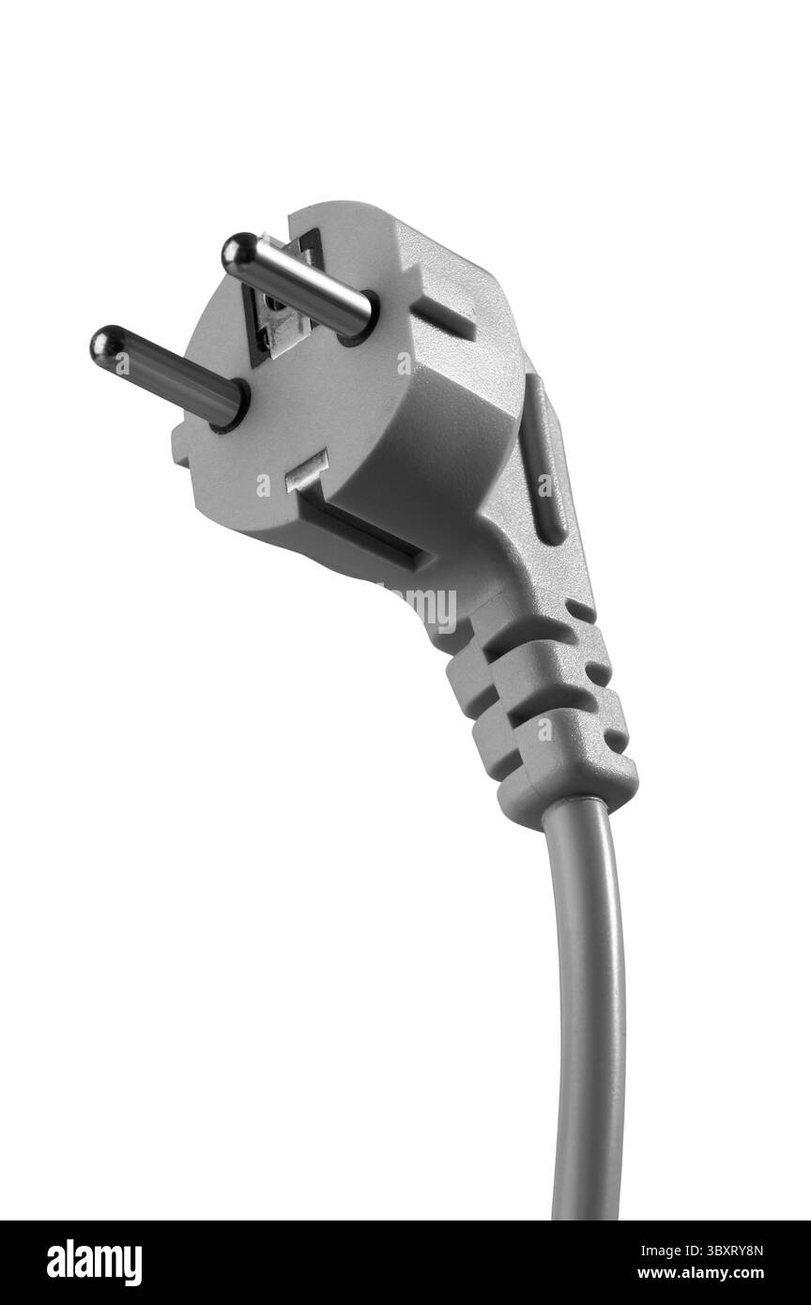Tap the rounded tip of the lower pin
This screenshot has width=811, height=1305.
(x=106, y=345)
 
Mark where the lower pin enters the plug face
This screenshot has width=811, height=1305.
(x=230, y=407)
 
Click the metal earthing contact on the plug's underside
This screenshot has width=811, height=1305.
(x=305, y=469)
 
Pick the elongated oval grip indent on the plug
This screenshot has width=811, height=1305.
(x=542, y=460)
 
